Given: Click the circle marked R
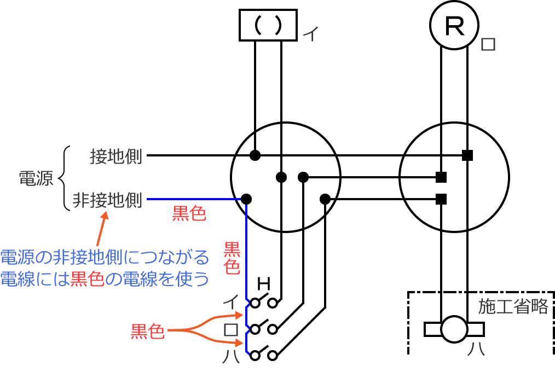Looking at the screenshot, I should point(454,25).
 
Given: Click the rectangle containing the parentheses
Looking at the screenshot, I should point(268,25).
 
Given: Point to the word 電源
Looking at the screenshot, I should point(36,178).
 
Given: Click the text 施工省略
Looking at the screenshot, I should point(513,307).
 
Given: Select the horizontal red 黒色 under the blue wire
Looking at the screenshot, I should point(189,214).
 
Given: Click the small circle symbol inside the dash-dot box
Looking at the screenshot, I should point(454,329).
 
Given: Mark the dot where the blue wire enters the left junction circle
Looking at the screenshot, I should point(246,198).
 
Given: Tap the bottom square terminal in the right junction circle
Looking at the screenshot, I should point(441,199).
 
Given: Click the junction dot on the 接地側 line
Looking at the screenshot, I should point(255,155).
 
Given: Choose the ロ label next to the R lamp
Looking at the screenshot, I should point(488,44).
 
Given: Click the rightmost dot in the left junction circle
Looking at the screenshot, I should point(325,198).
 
